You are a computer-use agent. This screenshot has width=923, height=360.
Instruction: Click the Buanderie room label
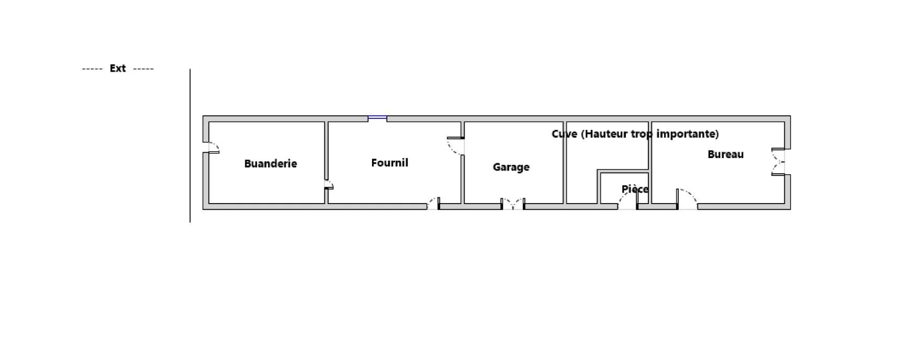(271, 164)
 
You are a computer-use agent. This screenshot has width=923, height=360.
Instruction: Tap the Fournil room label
(389, 163)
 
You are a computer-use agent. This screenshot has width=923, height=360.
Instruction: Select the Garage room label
(511, 167)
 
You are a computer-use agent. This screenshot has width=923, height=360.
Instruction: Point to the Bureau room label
(725, 154)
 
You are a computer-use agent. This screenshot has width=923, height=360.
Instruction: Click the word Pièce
(635, 189)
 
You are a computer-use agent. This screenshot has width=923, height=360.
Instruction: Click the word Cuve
(564, 134)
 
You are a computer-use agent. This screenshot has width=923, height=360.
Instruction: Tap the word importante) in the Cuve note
(687, 134)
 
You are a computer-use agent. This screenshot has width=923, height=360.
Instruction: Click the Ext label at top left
(118, 69)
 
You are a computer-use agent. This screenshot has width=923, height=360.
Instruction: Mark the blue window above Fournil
(377, 119)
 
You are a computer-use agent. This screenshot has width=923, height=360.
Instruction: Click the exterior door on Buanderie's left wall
(211, 147)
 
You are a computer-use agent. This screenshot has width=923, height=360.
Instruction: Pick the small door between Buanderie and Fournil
(329, 185)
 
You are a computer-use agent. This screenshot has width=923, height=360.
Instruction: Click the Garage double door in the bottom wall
(512, 204)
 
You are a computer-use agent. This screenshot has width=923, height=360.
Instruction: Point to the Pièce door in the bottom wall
(628, 201)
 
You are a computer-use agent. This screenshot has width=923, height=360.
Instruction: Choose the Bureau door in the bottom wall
(687, 200)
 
